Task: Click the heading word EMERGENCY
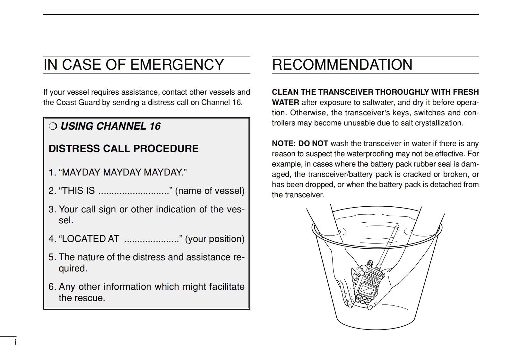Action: tap(177, 64)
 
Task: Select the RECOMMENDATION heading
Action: tap(342, 64)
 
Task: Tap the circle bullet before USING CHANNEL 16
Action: tap(53, 126)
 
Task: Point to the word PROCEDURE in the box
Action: tap(166, 149)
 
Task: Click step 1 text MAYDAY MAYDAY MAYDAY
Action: tap(123, 172)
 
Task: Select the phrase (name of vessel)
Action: tap(210, 191)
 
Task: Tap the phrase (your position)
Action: tap(215, 239)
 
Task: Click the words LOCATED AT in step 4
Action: tap(91, 239)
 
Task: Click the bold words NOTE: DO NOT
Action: tap(300, 143)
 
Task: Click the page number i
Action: tap(15, 342)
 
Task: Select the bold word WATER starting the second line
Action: tap(285, 103)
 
